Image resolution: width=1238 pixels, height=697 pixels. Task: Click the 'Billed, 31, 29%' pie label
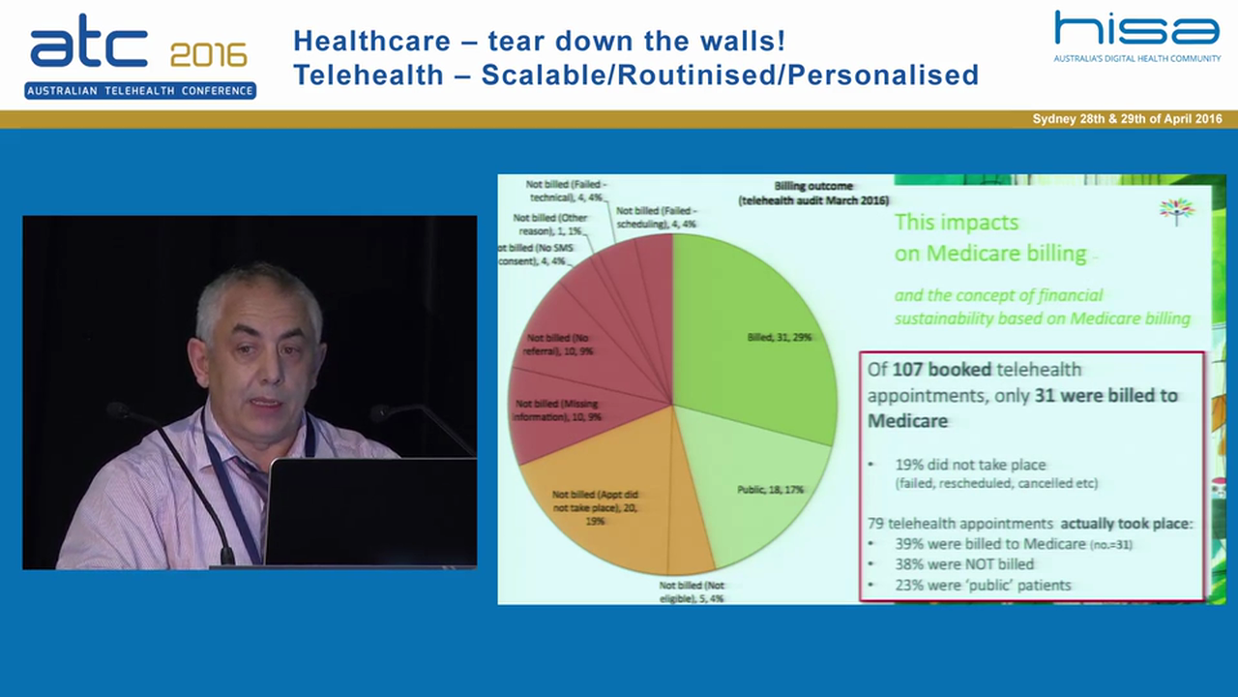(x=779, y=337)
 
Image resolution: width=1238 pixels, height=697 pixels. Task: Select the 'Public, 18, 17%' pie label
(x=770, y=490)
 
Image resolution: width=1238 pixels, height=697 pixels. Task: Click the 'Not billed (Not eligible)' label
(x=692, y=592)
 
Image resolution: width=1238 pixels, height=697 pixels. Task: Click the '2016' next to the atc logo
(x=208, y=55)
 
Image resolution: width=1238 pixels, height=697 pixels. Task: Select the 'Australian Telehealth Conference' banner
(x=140, y=91)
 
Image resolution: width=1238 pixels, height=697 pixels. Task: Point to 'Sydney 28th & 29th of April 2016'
(x=1127, y=119)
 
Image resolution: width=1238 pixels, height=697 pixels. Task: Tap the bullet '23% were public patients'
(x=984, y=585)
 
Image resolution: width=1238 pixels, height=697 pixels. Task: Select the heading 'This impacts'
(x=956, y=222)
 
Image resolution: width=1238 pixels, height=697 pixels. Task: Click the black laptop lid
(x=370, y=511)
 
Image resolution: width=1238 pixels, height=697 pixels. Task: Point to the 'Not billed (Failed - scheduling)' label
(x=656, y=217)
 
